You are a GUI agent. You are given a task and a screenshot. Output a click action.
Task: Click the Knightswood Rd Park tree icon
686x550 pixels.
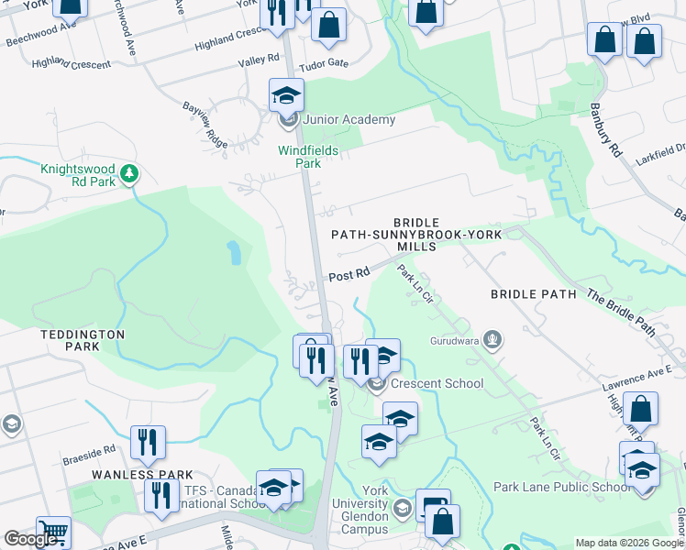click(129, 171)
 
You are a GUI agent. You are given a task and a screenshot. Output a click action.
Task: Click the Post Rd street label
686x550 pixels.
click(349, 273)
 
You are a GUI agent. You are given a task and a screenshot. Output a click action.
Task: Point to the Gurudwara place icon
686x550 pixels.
click(493, 340)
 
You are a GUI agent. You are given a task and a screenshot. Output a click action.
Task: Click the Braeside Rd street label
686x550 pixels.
click(95, 450)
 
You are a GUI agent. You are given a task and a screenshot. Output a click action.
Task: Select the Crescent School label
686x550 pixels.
click(425, 383)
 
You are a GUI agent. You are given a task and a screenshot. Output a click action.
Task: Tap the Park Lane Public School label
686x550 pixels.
click(562, 487)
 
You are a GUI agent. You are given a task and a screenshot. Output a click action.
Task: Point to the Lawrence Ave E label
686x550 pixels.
click(637, 376)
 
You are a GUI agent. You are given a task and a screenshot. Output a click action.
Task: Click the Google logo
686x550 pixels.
click(29, 539)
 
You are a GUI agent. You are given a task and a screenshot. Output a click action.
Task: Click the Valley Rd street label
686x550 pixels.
click(259, 58)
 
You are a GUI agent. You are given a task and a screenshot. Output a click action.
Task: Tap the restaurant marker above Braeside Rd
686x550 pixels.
click(146, 442)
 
